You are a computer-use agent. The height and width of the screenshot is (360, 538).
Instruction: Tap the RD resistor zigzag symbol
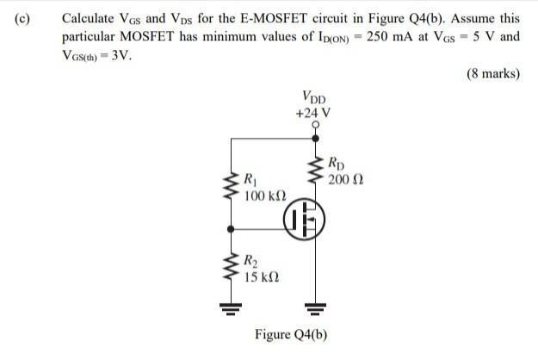[317, 171]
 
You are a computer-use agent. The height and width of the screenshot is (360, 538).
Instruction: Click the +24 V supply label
[312, 112]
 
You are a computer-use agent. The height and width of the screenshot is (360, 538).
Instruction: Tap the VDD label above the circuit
[314, 96]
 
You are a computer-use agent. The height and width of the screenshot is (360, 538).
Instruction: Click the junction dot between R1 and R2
[230, 228]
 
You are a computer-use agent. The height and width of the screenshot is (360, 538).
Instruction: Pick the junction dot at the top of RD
[317, 137]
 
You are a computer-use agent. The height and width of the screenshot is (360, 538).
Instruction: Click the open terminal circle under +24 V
[317, 125]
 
